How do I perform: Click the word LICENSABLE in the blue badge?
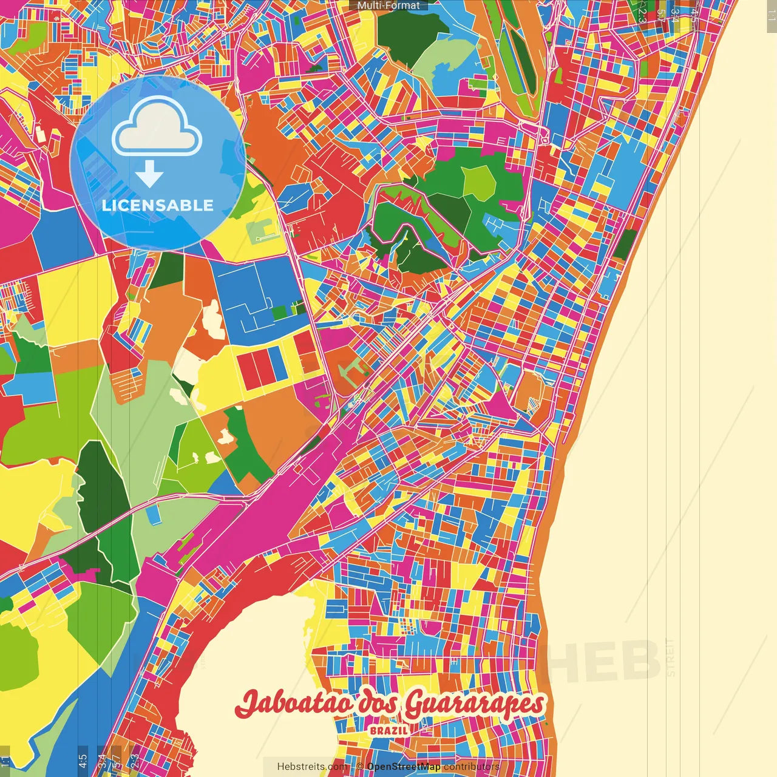tap(158, 205)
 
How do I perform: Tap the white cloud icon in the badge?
tap(157, 129)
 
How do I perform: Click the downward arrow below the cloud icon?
tap(149, 175)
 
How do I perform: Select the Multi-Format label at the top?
tap(388, 5)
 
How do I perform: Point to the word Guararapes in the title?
tap(473, 704)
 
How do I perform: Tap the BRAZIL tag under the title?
tap(389, 730)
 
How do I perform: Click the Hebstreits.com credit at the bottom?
tap(313, 767)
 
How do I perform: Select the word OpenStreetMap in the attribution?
tap(403, 767)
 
